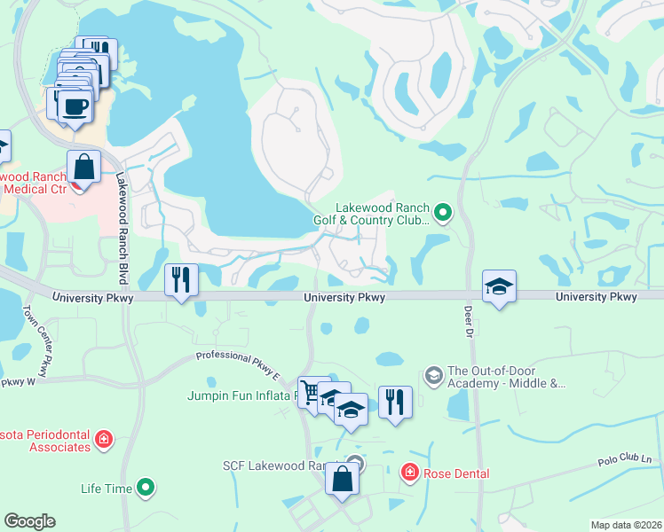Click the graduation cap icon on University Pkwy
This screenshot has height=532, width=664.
500,287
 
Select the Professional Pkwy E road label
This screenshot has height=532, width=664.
238,364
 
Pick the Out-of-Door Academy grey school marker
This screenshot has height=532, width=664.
433,374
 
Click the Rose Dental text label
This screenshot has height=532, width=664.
456,473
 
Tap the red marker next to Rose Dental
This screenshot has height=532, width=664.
410,473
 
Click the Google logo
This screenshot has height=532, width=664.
29,521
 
